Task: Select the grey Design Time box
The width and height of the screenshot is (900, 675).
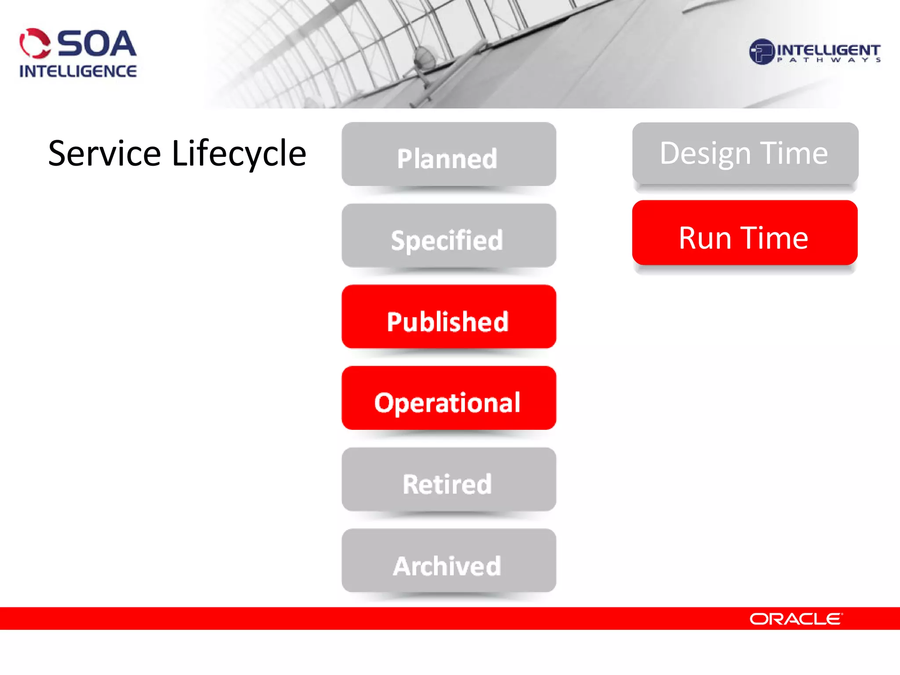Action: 745,154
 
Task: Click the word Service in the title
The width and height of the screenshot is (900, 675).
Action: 105,153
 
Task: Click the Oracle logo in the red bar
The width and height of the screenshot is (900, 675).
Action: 796,619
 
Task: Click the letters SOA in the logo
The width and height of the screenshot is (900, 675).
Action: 97,44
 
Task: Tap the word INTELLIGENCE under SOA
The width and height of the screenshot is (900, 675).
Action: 78,71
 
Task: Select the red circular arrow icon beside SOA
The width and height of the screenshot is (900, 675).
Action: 35,44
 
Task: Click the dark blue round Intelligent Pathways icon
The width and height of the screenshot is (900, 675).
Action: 761,52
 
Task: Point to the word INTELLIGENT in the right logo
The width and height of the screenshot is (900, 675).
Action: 828,49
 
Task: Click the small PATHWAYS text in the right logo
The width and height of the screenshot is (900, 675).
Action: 828,60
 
